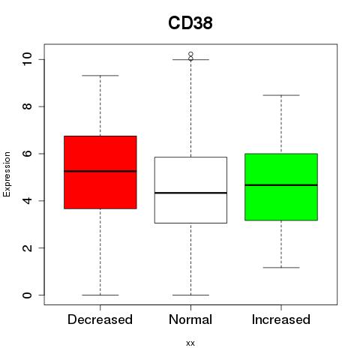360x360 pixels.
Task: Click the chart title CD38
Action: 190,23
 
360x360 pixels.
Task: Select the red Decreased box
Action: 100,172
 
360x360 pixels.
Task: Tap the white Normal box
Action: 190,190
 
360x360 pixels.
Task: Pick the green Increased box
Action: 281,187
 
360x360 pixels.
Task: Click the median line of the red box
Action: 100,171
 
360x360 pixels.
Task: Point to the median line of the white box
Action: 190,193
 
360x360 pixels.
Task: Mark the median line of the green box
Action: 281,185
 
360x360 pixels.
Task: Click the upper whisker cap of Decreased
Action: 100,76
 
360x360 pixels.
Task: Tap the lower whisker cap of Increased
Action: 281,268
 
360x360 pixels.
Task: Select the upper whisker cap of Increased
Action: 281,95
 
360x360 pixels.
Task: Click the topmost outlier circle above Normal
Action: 191,54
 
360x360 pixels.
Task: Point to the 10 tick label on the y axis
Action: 27,59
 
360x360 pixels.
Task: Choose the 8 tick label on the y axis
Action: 27,106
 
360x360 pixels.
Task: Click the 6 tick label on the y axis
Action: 27,154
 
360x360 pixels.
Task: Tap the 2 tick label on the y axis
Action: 27,247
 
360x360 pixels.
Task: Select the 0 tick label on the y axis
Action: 27,295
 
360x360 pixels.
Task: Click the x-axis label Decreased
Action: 100,319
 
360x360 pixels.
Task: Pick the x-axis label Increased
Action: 281,319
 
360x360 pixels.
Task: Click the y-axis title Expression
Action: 7,174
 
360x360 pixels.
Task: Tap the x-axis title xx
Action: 190,343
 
